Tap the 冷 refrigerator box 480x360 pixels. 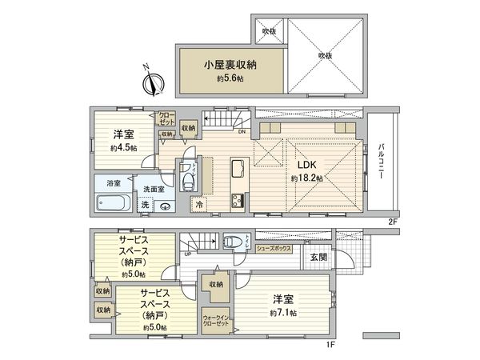point(198,205)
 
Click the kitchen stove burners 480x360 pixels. point(237,199)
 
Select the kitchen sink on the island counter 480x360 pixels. point(238,169)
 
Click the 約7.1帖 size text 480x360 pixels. point(282,312)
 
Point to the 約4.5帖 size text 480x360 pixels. point(123,149)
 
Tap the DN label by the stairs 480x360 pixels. point(241,133)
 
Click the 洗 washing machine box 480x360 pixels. point(144,205)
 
